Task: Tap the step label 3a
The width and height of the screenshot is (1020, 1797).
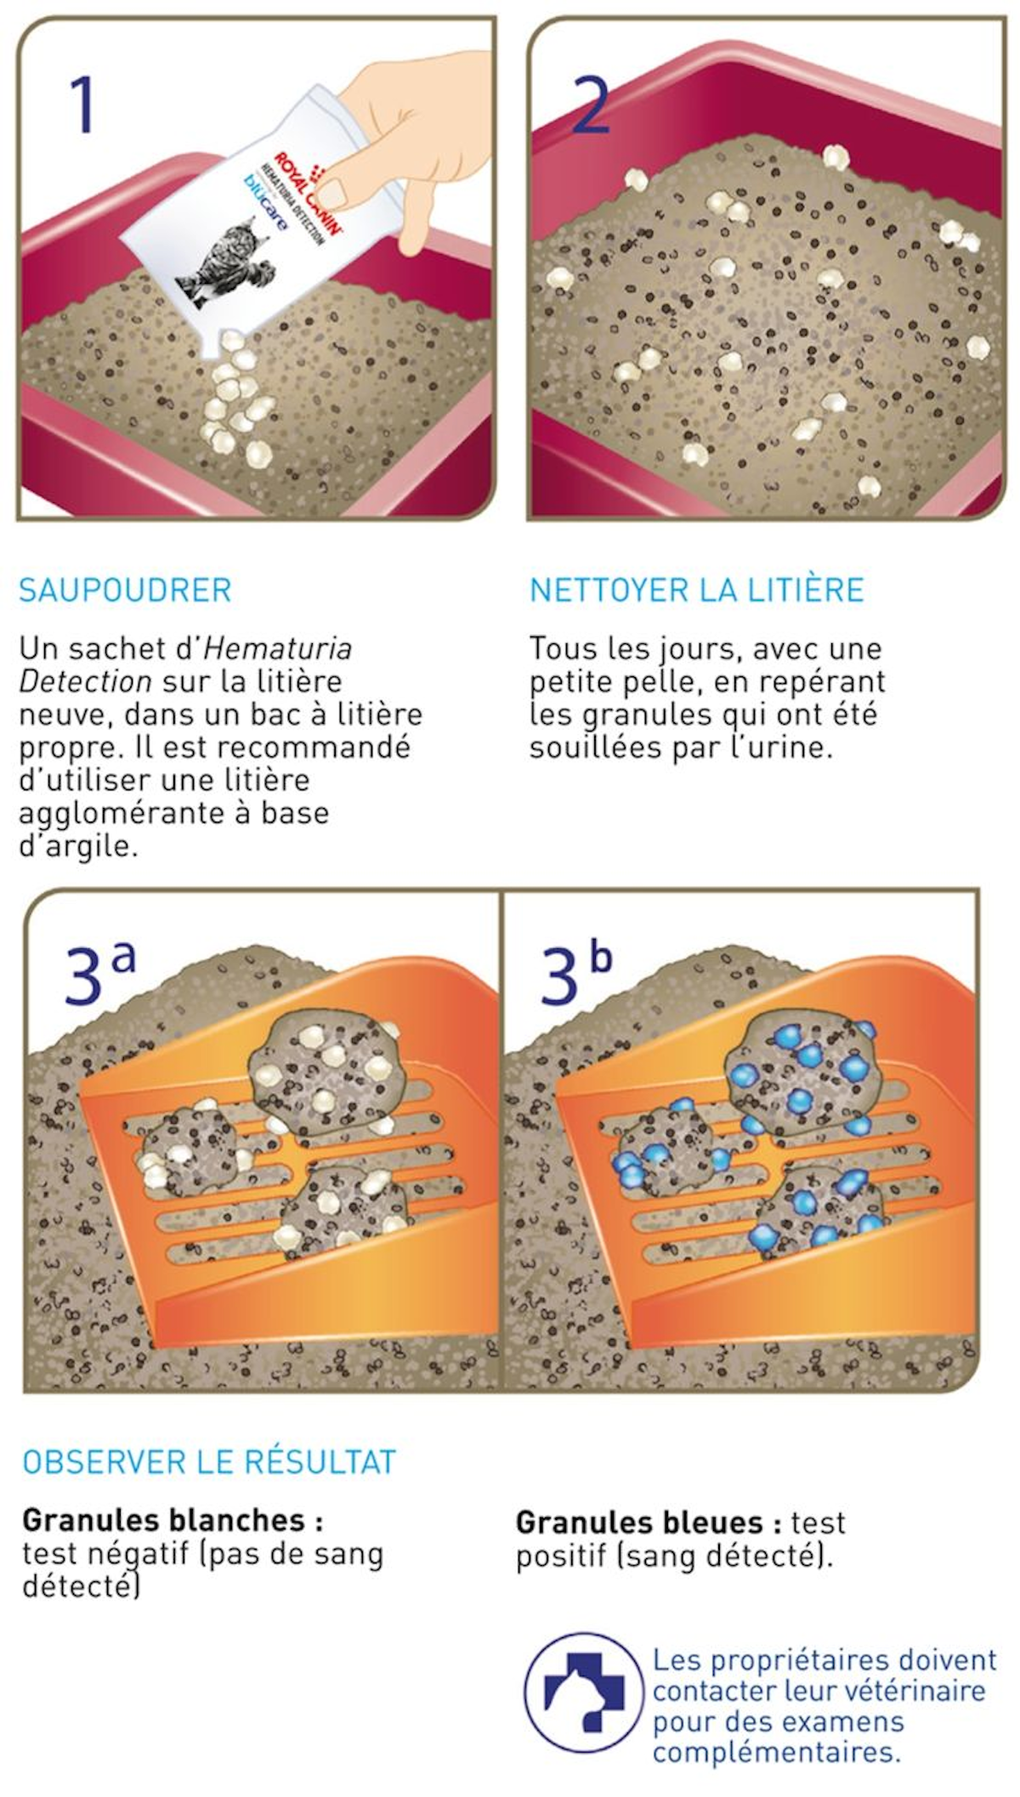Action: pyautogui.click(x=98, y=974)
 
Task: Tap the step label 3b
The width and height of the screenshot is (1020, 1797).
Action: pyautogui.click(x=575, y=974)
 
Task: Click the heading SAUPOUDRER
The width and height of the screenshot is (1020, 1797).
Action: pyautogui.click(x=125, y=590)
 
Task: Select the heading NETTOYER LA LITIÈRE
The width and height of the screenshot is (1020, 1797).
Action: pyautogui.click(x=696, y=590)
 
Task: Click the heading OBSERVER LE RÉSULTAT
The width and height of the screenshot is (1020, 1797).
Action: pyautogui.click(x=209, y=1461)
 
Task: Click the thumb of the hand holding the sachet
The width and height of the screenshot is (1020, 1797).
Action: pyautogui.click(x=343, y=186)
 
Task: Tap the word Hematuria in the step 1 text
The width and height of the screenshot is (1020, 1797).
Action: pyautogui.click(x=278, y=648)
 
